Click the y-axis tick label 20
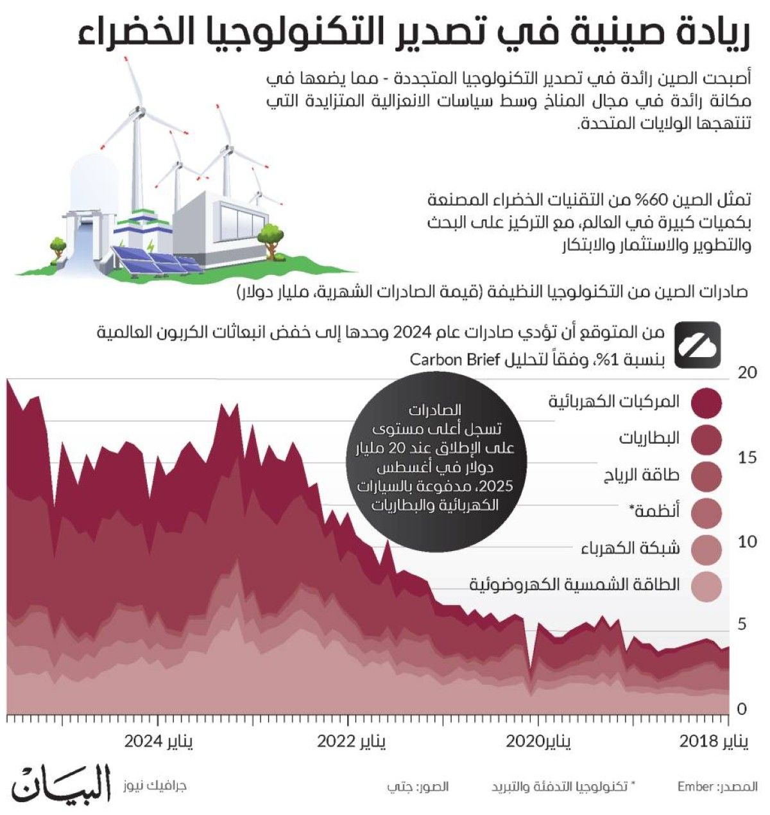[x=747, y=372]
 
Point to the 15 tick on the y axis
[x=747, y=457]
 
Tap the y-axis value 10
[x=747, y=541]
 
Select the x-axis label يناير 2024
[x=158, y=742]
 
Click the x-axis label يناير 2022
[x=352, y=742]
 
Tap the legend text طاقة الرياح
[x=641, y=476]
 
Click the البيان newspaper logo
[x=62, y=782]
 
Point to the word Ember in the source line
[x=696, y=787]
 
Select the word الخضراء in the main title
[x=129, y=33]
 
